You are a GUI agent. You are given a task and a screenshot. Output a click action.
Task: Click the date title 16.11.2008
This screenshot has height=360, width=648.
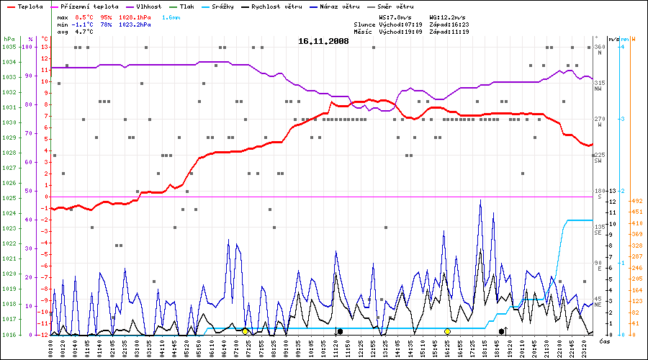pos(323,41)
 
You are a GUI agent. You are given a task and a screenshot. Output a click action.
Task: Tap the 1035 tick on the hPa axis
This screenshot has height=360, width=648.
pos(9,47)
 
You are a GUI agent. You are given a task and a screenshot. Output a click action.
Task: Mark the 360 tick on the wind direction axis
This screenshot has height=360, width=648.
pos(599,47)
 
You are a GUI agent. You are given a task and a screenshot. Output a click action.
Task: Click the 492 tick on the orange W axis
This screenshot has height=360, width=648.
pos(636,201)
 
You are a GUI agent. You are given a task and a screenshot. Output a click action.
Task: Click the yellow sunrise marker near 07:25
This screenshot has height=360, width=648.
pos(246,331)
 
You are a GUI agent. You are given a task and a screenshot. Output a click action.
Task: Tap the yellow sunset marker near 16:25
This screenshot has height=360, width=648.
pos(448,331)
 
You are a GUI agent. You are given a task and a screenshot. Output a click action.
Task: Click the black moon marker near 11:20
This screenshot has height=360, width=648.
pos(340,331)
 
